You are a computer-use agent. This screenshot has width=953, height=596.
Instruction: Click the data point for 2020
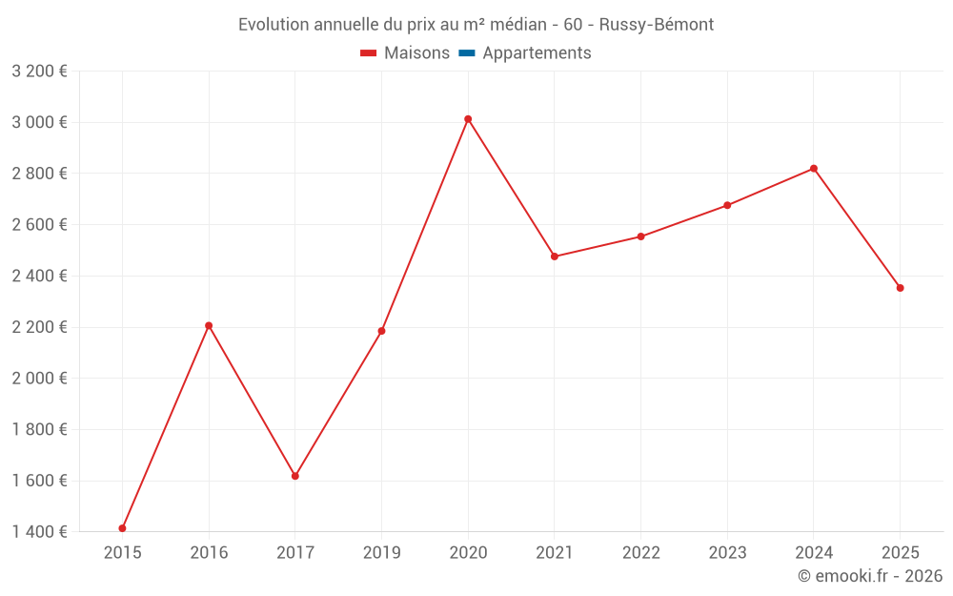coord(468,119)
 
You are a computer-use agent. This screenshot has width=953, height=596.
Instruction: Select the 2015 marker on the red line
coord(122,528)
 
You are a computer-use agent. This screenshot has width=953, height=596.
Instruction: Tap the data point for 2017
coord(295,476)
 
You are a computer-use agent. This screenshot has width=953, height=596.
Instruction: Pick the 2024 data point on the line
coord(814,169)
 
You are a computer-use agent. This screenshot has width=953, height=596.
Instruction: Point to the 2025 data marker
coord(900,288)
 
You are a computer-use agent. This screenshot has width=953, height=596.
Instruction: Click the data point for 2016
coord(209,326)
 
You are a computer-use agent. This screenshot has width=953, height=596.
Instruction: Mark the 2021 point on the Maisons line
coord(555,257)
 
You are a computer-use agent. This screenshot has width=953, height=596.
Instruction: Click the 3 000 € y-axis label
coord(39,122)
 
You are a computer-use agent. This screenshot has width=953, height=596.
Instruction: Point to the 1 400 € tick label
coord(39,532)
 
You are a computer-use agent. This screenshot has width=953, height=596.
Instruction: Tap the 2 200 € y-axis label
coord(39,327)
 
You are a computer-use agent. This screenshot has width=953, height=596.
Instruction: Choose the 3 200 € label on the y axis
coord(39,72)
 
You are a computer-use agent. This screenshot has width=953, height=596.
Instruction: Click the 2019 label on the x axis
coord(381,553)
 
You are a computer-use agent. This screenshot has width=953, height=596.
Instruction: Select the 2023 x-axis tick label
coord(727,553)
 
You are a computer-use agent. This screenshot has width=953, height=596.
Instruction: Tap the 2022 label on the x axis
coord(640,553)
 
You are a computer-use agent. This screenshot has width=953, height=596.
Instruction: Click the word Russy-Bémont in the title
coord(657,25)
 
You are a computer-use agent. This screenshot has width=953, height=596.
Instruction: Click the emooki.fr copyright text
coord(870,576)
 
